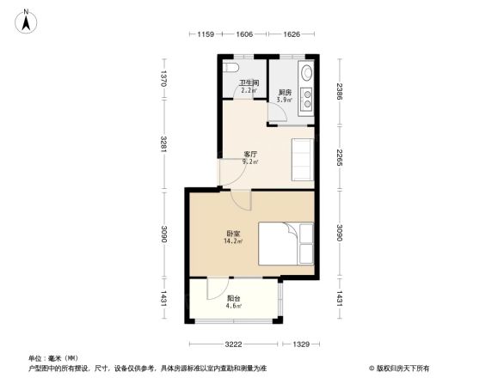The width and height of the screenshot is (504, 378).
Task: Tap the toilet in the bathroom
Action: click(230, 68)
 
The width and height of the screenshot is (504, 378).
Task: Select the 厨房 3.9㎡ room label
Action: click(283, 95)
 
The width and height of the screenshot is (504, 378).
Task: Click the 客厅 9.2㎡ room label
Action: click(250, 157)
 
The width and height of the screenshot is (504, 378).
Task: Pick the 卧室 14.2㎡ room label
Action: click(233, 237)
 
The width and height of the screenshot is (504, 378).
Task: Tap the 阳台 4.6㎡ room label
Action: click(233, 302)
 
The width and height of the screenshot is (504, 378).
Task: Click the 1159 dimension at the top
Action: click(205, 34)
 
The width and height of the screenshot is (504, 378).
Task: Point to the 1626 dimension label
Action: click(291, 34)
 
